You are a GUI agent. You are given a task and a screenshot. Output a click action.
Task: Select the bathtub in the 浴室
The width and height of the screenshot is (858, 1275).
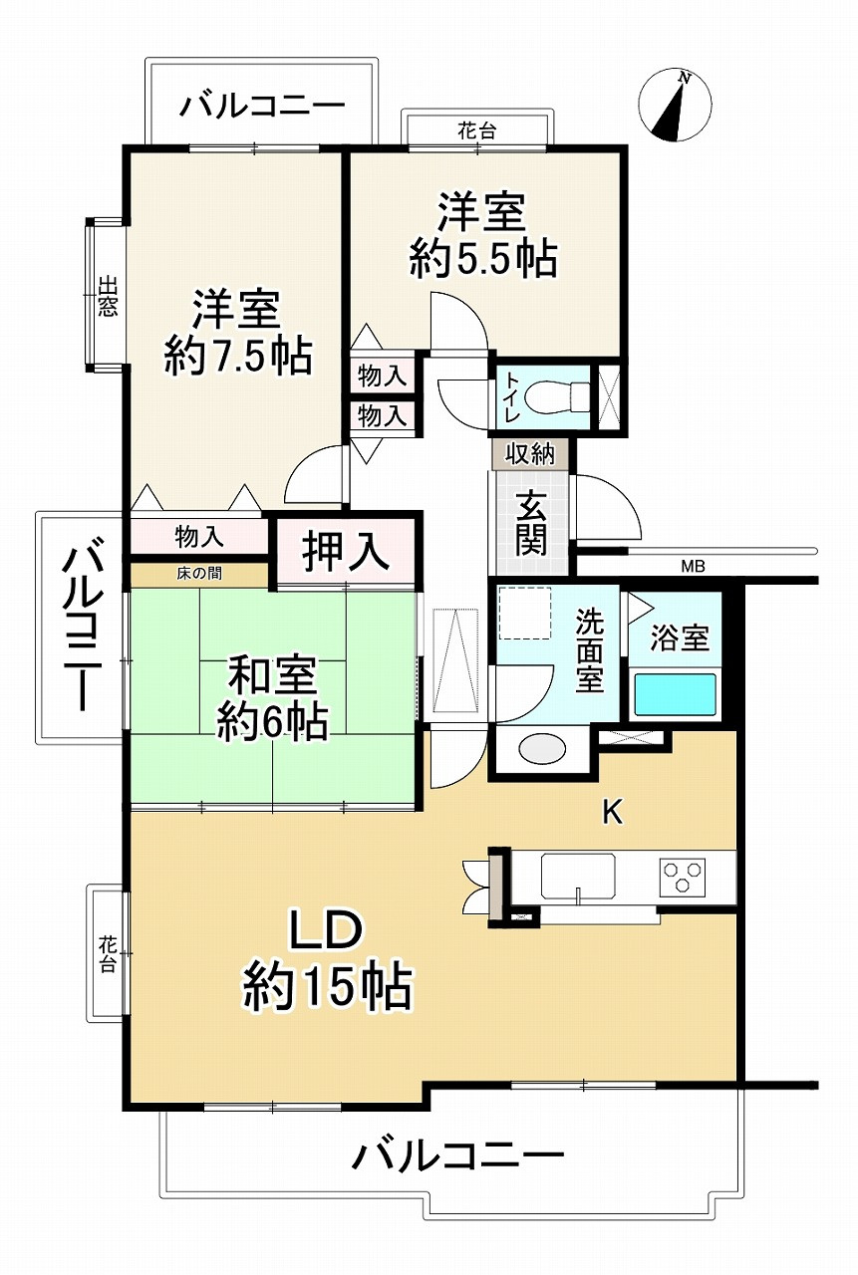point(676,694)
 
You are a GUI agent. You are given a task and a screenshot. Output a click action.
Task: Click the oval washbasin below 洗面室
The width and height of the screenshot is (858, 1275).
point(543,748)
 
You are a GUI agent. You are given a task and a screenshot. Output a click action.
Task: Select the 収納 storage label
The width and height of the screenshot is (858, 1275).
point(530,455)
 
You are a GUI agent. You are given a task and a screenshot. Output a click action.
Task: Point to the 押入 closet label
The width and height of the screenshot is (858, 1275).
point(345,551)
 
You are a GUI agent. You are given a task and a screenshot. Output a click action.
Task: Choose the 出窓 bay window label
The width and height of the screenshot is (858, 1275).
point(106,296)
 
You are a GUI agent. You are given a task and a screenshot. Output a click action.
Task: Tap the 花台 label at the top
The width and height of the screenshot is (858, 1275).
point(477,129)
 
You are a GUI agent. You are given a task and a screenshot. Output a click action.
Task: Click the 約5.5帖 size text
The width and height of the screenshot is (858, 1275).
point(482,260)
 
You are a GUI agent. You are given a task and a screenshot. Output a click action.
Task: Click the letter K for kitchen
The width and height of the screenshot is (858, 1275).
point(612,813)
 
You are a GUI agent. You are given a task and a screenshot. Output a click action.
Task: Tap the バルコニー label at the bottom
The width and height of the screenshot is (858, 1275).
point(458,1156)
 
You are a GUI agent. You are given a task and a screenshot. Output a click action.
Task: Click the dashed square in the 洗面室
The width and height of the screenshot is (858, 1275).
point(524,613)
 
